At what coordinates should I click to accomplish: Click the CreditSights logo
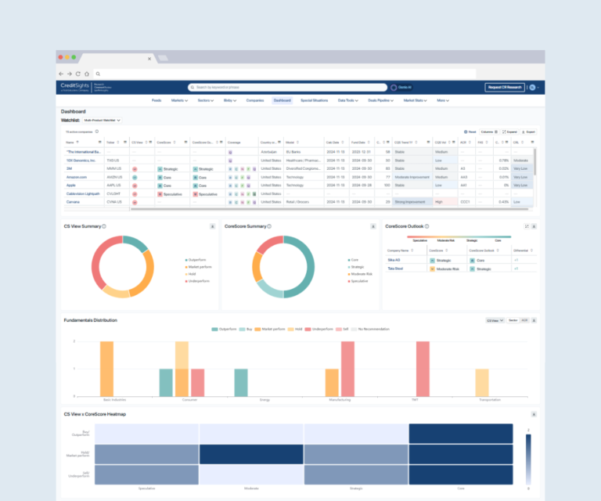(76, 87)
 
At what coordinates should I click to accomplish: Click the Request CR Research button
(505, 88)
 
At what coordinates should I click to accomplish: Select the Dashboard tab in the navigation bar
(283, 101)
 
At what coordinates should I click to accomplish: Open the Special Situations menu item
(315, 101)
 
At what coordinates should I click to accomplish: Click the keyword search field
(290, 88)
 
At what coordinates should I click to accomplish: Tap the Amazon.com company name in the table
(77, 177)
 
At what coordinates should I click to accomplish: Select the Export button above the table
(529, 132)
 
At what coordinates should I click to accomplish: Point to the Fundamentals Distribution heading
(95, 320)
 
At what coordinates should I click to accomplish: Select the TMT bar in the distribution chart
(423, 369)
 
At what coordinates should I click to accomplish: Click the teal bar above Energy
(240, 382)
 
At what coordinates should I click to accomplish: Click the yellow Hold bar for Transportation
(482, 382)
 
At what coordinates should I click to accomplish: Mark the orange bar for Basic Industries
(106, 369)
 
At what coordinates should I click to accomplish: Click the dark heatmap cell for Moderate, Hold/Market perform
(251, 454)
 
